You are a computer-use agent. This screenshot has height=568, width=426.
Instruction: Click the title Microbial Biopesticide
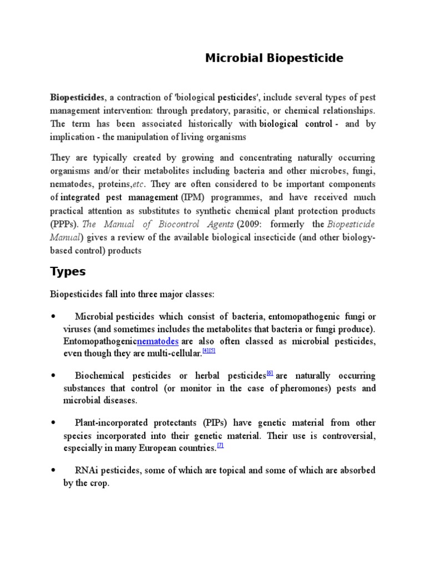tap(274, 58)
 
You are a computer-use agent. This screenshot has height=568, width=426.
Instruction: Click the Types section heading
tap(68, 271)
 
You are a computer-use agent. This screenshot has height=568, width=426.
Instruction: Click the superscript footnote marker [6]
tap(270, 373)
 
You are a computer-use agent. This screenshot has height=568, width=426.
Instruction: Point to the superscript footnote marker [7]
tap(220, 446)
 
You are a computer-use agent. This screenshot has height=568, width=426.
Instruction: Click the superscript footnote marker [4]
tap(205, 350)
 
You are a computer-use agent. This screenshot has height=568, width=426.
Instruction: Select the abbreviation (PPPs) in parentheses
tap(64, 224)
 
